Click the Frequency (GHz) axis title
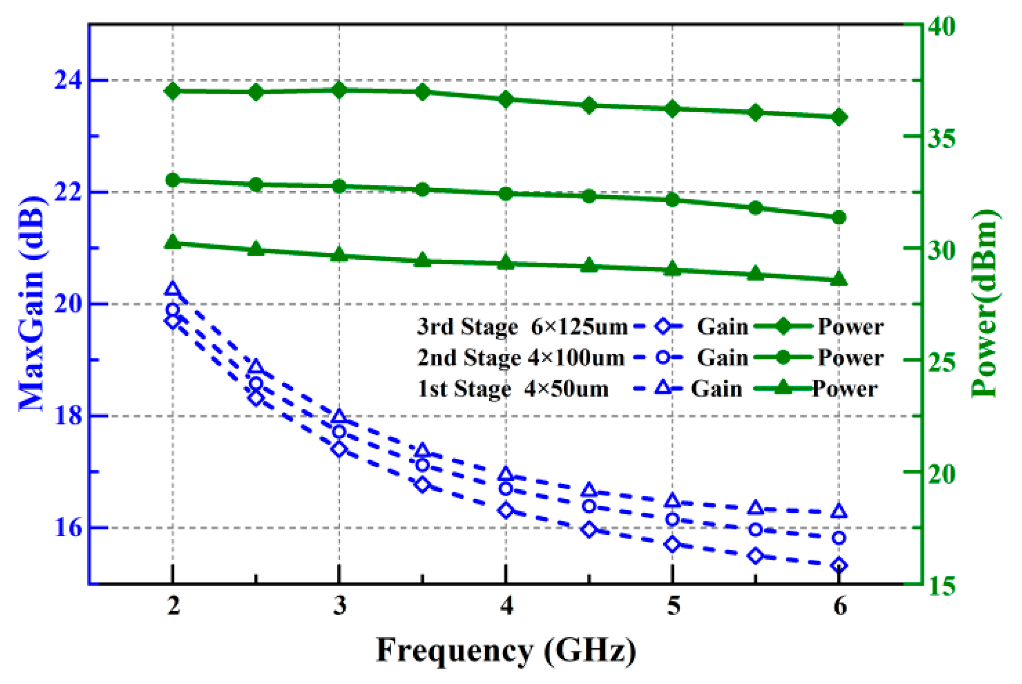tap(506, 650)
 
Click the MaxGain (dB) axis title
tap(32, 304)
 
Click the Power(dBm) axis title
tap(985, 304)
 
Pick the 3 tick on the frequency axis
tap(340, 606)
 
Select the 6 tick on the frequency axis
tap(840, 606)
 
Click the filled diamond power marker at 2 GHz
tap(173, 91)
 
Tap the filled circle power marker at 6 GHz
tap(839, 217)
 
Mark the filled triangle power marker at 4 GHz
tap(506, 263)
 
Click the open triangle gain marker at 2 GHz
tap(173, 289)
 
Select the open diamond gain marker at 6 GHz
tap(839, 565)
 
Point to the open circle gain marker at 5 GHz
tap(672, 519)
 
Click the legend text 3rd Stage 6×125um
tap(522, 327)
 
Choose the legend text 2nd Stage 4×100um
tap(521, 357)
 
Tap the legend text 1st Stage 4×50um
tap(513, 389)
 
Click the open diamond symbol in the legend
tap(663, 327)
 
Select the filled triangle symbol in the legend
tap(782, 388)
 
